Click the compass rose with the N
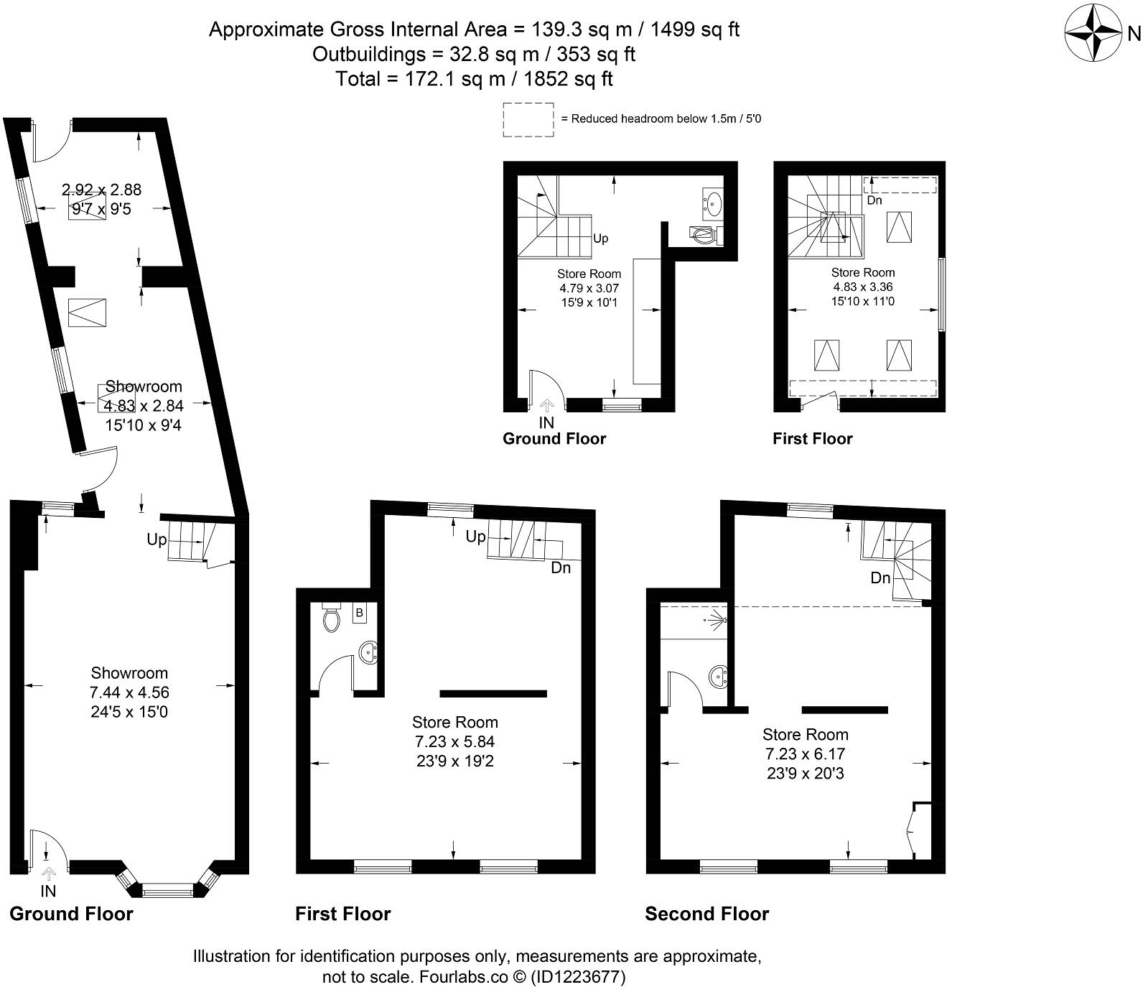1093,33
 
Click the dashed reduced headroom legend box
528,119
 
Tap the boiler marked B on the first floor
359,613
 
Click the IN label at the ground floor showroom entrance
49,891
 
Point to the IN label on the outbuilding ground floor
547,422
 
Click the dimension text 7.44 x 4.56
129,692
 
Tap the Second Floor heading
706,914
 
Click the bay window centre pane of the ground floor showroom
168,891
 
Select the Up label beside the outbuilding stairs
601,238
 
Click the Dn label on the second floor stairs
880,578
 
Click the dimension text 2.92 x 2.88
101,190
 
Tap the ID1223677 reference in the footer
578,977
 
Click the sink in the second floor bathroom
719,677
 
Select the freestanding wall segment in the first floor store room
493,693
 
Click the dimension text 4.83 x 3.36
863,287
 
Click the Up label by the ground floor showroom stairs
157,539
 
